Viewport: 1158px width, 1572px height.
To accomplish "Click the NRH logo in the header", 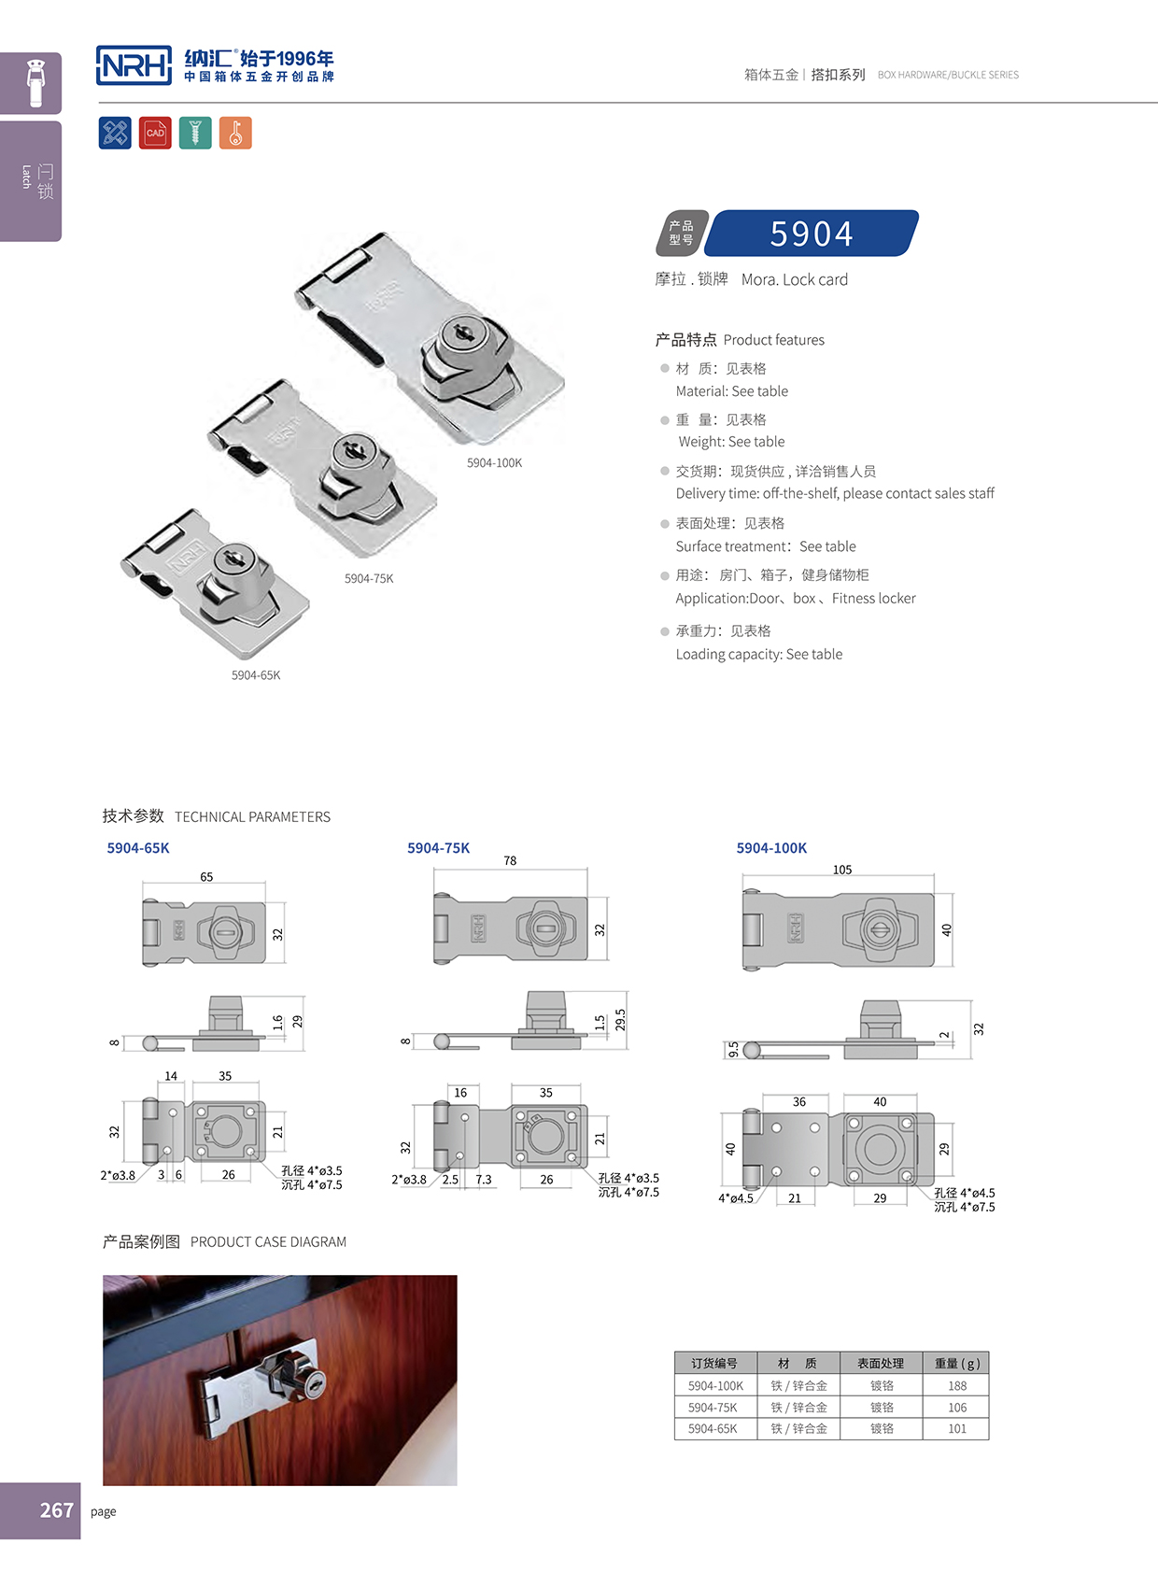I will point(134,65).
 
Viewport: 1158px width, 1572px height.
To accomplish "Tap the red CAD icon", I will point(155,133).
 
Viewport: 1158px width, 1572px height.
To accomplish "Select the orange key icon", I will point(235,133).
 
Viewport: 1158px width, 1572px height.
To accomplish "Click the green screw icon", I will point(195,133).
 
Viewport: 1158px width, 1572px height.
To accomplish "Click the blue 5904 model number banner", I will point(811,234).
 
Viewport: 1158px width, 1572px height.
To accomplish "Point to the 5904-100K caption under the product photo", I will point(494,463).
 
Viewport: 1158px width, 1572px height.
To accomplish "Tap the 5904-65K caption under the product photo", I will point(256,675).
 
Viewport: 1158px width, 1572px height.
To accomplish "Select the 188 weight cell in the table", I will point(956,1386).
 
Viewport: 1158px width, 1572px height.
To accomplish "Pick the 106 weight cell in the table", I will point(956,1408).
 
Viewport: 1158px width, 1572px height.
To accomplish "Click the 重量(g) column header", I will point(956,1364).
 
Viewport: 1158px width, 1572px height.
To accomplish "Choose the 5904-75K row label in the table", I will point(713,1408).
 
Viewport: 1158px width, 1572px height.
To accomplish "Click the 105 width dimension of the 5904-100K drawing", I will point(841,870).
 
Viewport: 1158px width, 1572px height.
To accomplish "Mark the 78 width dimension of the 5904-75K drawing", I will point(510,861).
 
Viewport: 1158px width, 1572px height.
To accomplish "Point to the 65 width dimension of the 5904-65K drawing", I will point(206,877).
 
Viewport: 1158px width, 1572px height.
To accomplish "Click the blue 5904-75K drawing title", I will point(438,848).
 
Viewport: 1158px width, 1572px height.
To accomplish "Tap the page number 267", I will point(56,1510).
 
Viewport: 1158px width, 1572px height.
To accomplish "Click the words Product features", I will point(773,340).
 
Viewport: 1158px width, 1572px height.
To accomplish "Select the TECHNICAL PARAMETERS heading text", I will point(252,817).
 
